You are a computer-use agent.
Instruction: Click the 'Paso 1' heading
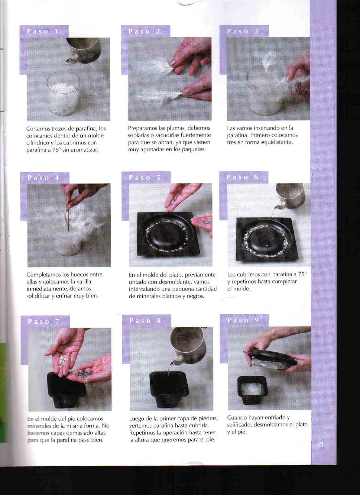[42, 31]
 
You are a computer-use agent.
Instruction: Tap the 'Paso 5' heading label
[145, 178]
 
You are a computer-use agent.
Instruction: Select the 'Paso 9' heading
[243, 320]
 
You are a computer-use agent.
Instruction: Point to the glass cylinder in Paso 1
[63, 94]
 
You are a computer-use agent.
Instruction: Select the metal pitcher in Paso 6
[290, 196]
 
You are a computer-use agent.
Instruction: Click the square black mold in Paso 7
[66, 390]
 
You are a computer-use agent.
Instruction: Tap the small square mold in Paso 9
[253, 390]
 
